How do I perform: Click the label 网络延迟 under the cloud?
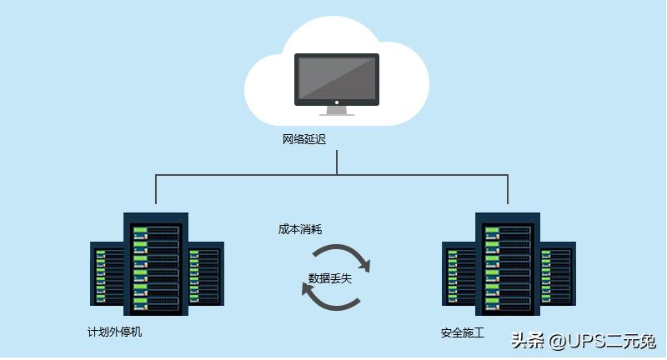304,139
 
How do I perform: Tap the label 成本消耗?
300,228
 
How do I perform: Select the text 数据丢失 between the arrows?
330,278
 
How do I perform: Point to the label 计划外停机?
115,332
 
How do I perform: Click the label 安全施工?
463,333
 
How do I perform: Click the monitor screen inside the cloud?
337,78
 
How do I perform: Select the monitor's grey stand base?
337,111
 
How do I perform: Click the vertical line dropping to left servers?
156,190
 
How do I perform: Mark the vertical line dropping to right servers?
508,190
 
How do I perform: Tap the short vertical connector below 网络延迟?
337,162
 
